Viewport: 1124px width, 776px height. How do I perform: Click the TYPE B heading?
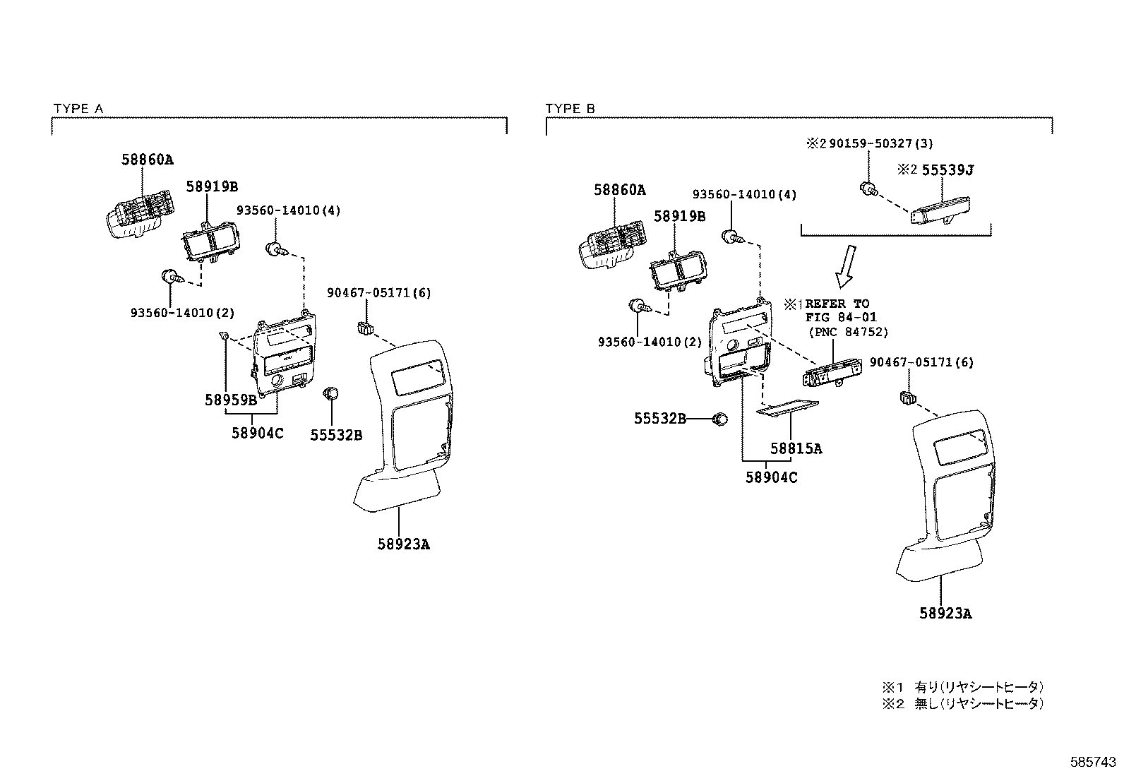[570, 109]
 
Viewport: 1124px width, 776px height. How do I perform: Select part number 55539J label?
[945, 170]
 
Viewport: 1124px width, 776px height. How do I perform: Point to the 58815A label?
[796, 448]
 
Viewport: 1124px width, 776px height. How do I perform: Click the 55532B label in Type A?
[336, 436]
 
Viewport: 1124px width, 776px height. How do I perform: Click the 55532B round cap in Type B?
[720, 419]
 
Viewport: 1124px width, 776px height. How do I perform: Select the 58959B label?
[231, 400]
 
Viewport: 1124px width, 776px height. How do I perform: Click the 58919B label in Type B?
[679, 217]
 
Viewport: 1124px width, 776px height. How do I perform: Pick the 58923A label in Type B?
[945, 614]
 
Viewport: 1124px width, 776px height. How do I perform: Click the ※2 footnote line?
[962, 703]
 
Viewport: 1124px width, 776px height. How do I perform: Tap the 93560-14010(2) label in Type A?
[182, 313]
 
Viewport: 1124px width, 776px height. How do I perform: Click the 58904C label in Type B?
[771, 477]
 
